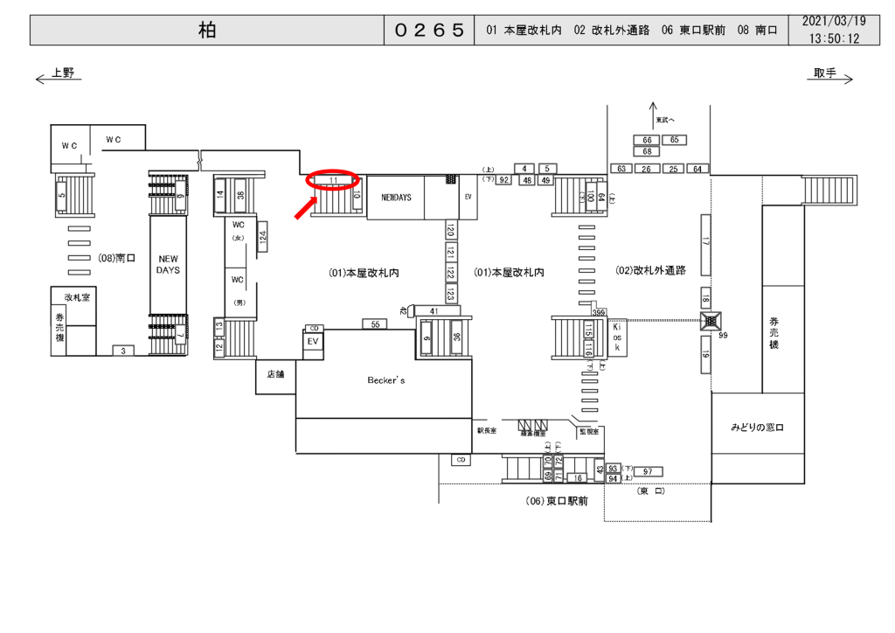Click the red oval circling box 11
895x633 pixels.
tap(333, 179)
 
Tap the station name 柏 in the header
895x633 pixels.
tap(206, 31)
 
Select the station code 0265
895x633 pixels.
tap(429, 31)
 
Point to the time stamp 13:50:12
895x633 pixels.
tap(834, 39)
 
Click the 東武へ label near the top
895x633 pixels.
tap(665, 120)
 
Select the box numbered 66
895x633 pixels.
tap(648, 140)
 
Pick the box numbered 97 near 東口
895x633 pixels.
tap(648, 472)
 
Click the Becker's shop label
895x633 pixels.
tap(385, 381)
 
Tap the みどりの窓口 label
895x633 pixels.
tap(757, 428)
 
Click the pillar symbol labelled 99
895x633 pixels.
tap(710, 321)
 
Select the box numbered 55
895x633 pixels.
tap(374, 324)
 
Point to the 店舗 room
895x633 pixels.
tap(275, 374)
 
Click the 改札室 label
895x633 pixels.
tap(73, 297)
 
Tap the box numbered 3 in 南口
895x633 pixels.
tap(123, 351)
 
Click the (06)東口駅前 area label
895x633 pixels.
tap(557, 502)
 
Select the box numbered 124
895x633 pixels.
tap(262, 234)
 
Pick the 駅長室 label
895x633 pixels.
tap(487, 431)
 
